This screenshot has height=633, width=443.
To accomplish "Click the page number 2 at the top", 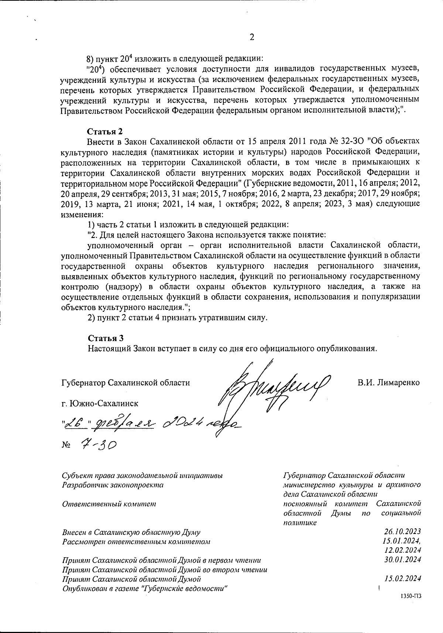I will (x=252, y=37).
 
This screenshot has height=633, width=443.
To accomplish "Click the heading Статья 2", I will (x=105, y=132).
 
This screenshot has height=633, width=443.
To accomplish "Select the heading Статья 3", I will (x=105, y=338).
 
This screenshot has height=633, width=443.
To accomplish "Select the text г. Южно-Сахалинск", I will (x=100, y=403).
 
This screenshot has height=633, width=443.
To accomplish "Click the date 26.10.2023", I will (x=402, y=532).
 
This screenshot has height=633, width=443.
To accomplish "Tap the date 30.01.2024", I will (x=402, y=559).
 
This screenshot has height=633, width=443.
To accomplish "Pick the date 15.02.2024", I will (x=402, y=579).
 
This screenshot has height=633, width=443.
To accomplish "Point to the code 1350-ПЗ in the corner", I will (x=410, y=606).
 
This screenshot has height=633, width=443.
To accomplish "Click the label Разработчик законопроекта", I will (x=113, y=485).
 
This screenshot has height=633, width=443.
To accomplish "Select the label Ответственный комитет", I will (x=109, y=504).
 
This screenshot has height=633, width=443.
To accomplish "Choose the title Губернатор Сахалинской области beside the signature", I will (x=126, y=383).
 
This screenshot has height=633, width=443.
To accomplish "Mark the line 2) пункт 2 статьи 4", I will (x=177, y=318).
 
